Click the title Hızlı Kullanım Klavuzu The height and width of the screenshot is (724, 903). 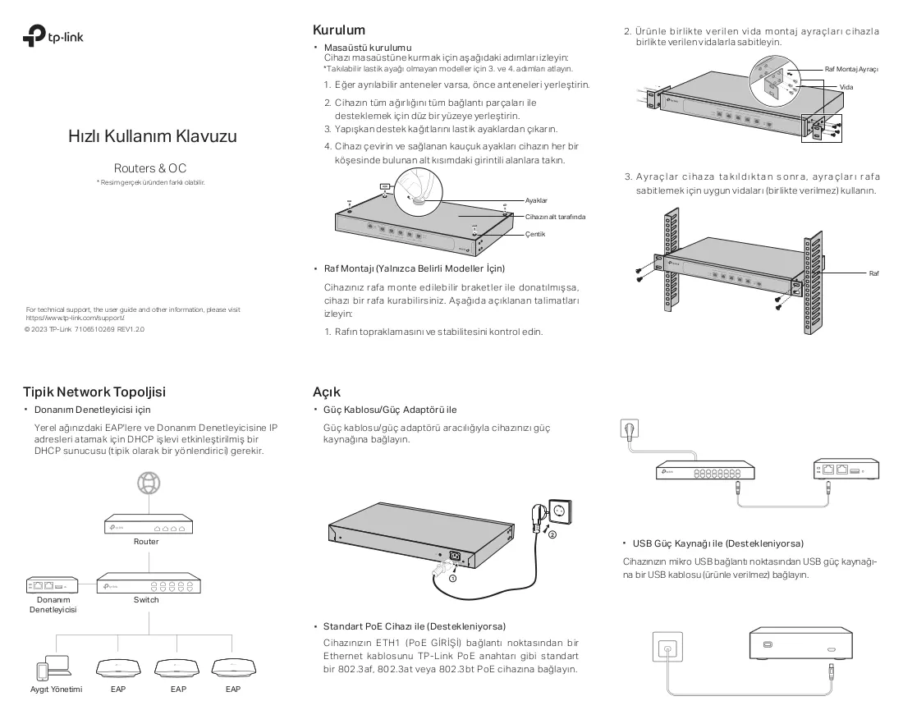coord(153,136)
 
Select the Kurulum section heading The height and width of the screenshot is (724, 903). coord(338,30)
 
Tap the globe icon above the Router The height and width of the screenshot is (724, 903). coord(149,483)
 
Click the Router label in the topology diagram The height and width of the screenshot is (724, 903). coord(146,542)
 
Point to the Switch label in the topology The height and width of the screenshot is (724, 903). coord(146,599)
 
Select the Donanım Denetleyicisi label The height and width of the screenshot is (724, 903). coord(53,605)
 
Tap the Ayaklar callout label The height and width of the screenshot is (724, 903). coord(536,200)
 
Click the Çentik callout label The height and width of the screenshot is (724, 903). coord(535,235)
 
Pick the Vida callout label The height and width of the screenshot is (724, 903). coord(846,87)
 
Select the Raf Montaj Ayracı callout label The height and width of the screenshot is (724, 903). coord(851,69)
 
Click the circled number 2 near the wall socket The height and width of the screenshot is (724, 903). coord(552,534)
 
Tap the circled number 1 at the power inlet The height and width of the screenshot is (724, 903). coord(452,578)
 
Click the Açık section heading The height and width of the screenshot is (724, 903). coord(327,392)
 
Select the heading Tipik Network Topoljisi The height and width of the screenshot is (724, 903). coord(94,392)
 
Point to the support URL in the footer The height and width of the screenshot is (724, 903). coord(75,318)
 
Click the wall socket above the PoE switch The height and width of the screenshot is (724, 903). coord(630,429)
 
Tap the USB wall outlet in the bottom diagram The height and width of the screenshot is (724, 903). coord(667,647)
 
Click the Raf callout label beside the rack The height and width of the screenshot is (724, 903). coord(873,273)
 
